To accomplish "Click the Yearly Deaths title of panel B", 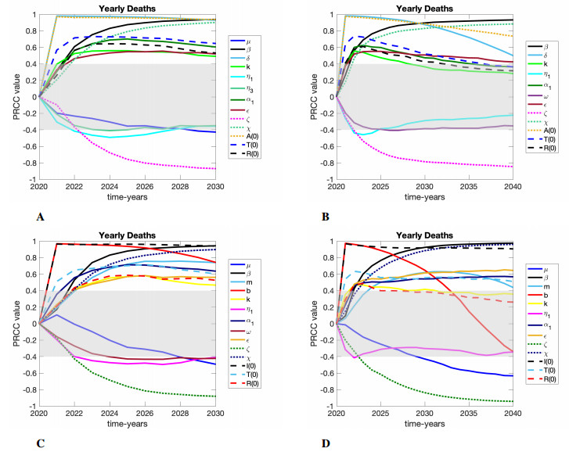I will coord(423,9).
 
